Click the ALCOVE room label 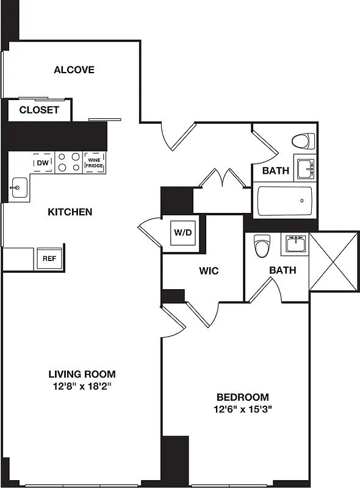(74, 70)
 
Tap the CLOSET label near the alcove (39, 110)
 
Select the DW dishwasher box (43, 163)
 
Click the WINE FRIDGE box (93, 163)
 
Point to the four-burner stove (68, 162)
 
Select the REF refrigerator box (49, 258)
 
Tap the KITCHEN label (70, 212)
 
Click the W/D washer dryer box (182, 233)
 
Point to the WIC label (209, 270)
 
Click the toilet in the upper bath (302, 142)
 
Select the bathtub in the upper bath (284, 201)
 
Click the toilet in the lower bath (262, 246)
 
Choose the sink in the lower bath (295, 245)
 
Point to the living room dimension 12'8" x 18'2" (82, 386)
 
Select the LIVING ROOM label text (82, 374)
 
